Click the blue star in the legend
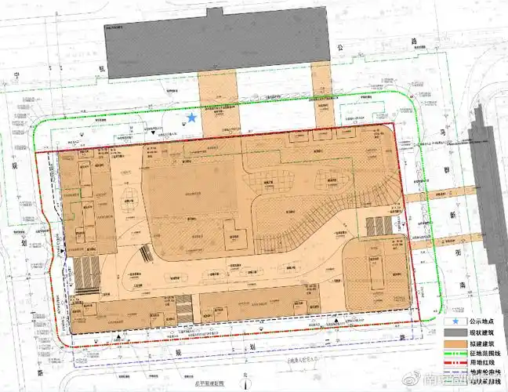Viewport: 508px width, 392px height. pyautogui.click(x=454, y=321)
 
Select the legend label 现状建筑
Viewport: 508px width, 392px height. pyautogui.click(x=481, y=333)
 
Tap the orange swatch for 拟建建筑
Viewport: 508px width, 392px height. pyautogui.click(x=454, y=344)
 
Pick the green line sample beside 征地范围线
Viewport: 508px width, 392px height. pyautogui.click(x=454, y=355)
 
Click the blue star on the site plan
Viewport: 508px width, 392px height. pyautogui.click(x=192, y=118)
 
